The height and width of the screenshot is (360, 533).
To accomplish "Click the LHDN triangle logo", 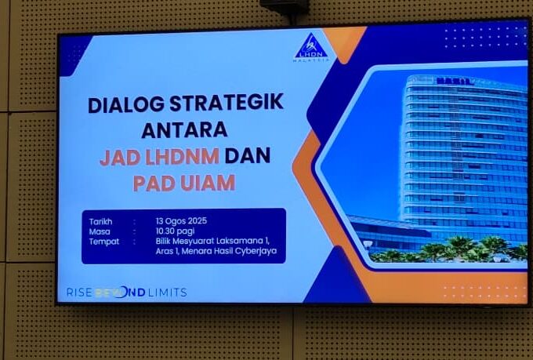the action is click(311, 47).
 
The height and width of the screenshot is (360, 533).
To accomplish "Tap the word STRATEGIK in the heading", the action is click(227, 102).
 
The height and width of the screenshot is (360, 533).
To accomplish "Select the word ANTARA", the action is click(184, 130).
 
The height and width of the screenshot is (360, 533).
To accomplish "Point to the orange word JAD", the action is click(120, 157).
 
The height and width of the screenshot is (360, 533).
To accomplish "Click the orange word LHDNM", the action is click(182, 156).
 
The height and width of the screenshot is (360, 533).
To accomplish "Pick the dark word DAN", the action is click(248, 155).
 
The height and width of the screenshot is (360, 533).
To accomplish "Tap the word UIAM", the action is click(208, 183).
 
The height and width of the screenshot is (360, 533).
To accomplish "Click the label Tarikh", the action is click(100, 221).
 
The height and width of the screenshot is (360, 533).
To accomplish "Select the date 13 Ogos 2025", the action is click(181, 221).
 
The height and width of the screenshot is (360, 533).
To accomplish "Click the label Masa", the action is click(100, 231).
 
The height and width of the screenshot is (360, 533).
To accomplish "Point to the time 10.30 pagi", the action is click(175, 231).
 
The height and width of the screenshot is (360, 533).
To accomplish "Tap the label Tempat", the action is click(104, 242).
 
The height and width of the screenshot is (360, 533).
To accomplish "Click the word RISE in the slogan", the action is click(79, 293).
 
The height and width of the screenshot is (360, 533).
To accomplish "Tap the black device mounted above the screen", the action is click(285, 7).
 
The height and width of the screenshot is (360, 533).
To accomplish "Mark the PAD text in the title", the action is click(154, 183).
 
